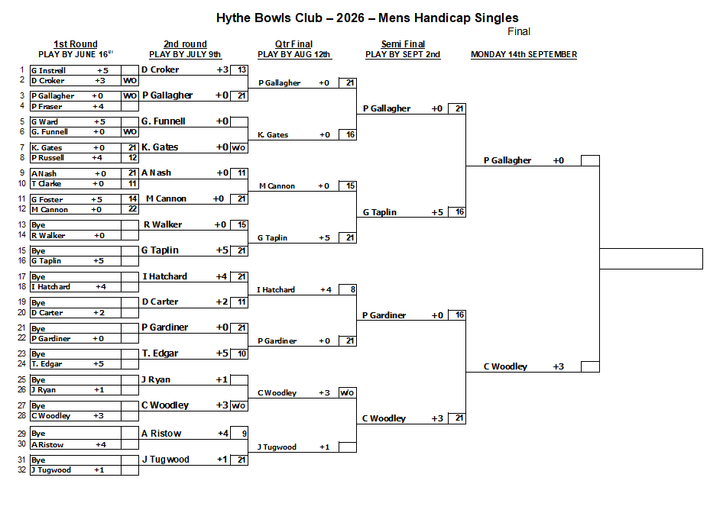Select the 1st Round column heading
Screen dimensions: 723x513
pos(76,44)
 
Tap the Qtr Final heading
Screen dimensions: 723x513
pos(293,44)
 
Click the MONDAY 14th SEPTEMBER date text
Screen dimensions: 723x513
pos(524,54)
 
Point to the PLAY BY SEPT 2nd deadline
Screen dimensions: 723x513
pos(403,54)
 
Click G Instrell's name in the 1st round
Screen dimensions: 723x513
pos(48,70)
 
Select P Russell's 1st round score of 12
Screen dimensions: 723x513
pos(132,157)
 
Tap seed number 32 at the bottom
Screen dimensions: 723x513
pos(21,469)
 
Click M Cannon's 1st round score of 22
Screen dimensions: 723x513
pos(132,209)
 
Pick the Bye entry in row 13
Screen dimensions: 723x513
pos(38,224)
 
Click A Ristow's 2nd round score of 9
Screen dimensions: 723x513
pos(244,434)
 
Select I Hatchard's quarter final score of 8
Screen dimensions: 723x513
pos(353,289)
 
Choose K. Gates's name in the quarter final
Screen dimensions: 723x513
pos(273,135)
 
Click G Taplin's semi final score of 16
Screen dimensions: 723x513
pos(459,211)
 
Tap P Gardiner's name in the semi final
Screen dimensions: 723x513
pos(384,315)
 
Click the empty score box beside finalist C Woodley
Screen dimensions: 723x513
pos(590,366)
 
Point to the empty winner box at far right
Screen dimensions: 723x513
pos(651,259)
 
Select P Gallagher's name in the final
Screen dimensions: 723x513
pos(507,160)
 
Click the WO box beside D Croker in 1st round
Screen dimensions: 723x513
pos(130,81)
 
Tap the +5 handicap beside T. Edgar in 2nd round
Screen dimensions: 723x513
pos(222,353)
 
